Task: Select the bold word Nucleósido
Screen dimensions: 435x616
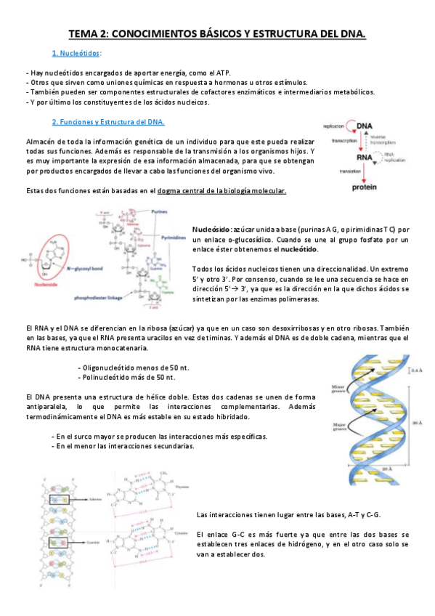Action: click(x=211, y=230)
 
